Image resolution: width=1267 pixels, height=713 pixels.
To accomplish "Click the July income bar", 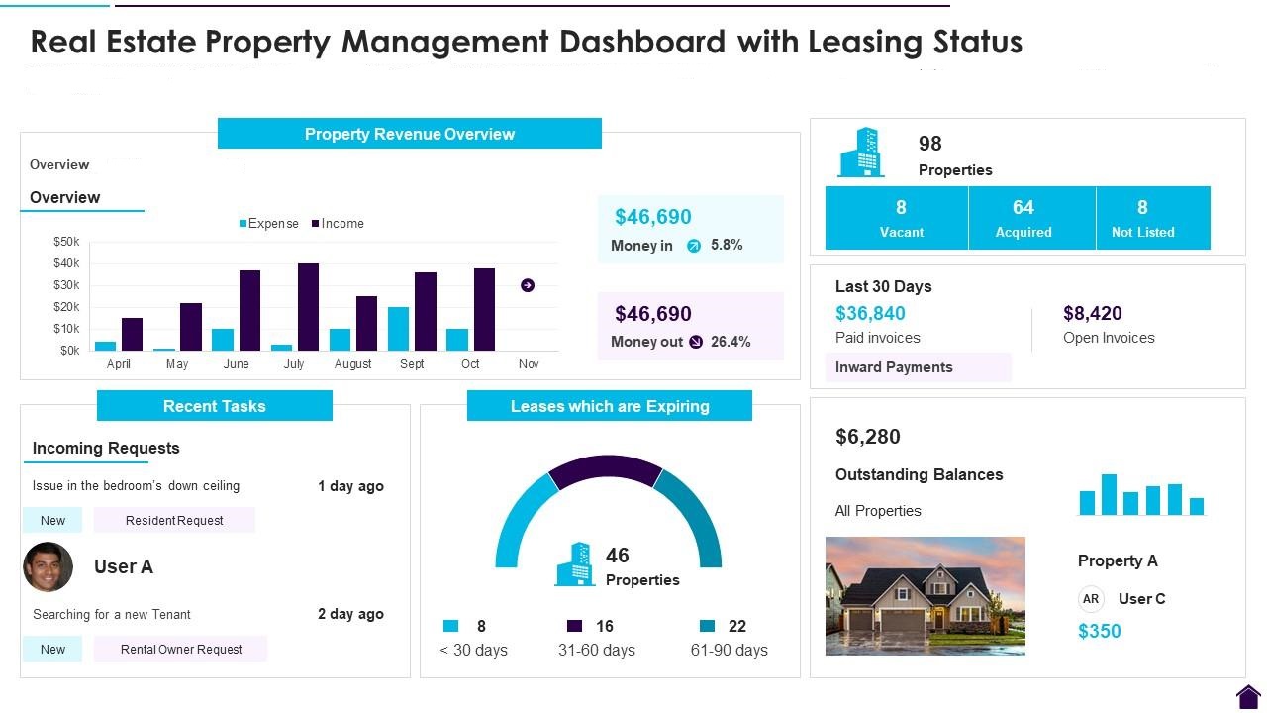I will (308, 307).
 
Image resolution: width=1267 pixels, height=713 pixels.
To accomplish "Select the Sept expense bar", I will (398, 329).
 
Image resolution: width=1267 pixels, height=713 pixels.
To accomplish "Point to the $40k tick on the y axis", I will (66, 263).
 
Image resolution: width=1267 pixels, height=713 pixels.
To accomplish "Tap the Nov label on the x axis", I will (529, 364).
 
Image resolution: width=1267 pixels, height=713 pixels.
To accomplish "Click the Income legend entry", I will (338, 224).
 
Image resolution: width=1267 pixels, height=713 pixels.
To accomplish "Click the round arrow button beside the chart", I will (528, 285).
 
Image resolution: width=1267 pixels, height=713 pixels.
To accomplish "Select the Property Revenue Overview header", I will (409, 134).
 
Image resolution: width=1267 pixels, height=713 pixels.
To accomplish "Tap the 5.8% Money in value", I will (727, 245).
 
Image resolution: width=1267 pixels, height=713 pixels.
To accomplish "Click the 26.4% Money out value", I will (731, 342).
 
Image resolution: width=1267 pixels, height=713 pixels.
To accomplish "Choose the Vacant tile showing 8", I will (900, 218).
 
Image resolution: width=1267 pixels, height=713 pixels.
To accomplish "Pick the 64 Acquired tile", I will (1023, 218).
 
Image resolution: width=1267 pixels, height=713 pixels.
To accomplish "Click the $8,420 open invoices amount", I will (1093, 314).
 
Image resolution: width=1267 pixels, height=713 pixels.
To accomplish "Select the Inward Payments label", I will (894, 367).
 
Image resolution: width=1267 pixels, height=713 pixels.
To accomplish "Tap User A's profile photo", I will (48, 566).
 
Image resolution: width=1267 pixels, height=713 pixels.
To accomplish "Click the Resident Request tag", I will (174, 520).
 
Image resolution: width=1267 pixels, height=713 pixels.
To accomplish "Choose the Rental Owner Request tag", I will (181, 650).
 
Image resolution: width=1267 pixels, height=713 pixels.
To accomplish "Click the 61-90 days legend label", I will (729, 650).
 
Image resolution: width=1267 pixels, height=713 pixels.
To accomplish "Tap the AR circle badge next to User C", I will (1091, 599).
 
